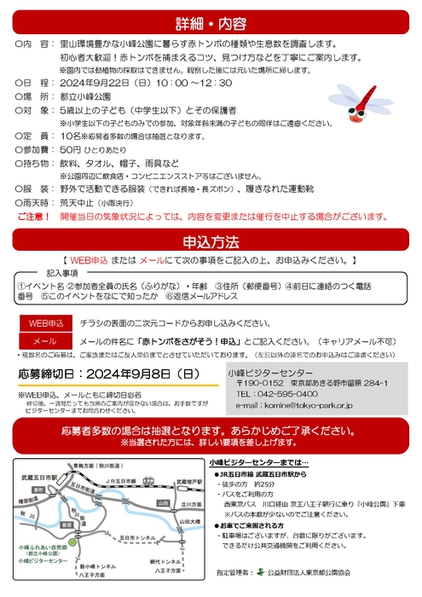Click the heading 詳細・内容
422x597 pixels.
(x=211, y=22)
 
